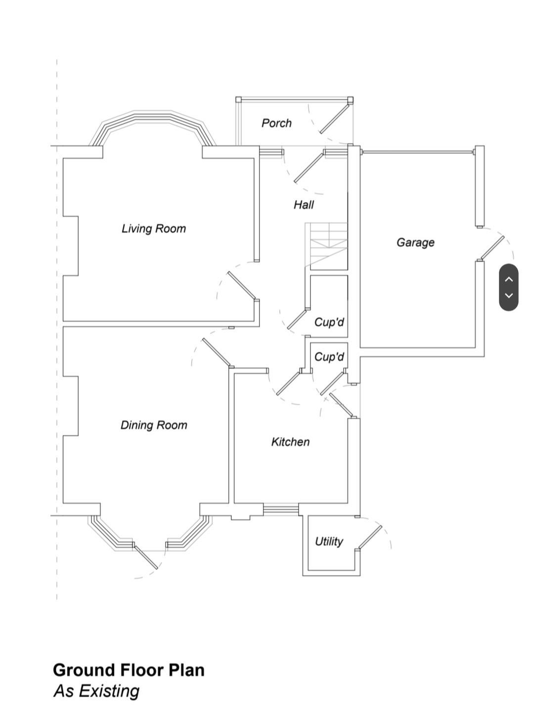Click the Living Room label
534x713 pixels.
coord(154,229)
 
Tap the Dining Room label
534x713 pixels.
coord(154,425)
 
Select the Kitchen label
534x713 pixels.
coord(290,442)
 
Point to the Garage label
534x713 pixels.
coord(415,242)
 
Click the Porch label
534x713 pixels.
coord(276,123)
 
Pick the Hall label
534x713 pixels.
coord(304,205)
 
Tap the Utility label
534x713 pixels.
coord(329,541)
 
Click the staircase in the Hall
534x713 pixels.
coord(326,246)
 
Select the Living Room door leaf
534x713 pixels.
coord(242,285)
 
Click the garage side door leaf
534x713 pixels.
coord(491,248)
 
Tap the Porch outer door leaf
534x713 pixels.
coord(334,118)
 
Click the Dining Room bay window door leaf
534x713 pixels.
coord(146,558)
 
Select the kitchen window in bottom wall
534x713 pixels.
coord(281,509)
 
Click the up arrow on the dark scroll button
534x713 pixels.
coord(509,279)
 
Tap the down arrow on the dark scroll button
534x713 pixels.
coord(509,295)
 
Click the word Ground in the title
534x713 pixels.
coord(84,670)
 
